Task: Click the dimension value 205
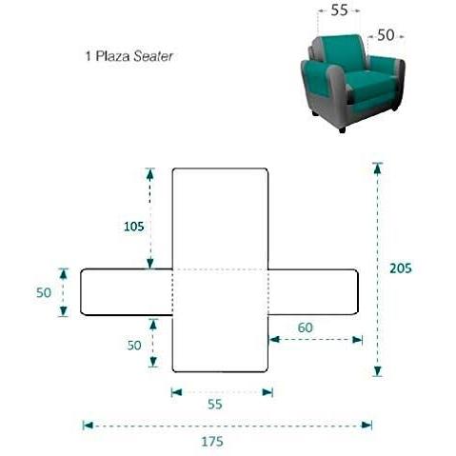[x=401, y=268]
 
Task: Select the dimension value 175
[x=212, y=442]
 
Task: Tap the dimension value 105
[x=133, y=227]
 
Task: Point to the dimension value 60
[x=306, y=327]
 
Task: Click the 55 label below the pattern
[x=215, y=405]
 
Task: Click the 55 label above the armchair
[x=339, y=10]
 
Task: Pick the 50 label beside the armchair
[x=386, y=35]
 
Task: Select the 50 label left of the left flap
[x=44, y=292]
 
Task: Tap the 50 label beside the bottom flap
[x=134, y=346]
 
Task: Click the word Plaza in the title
[x=113, y=56]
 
